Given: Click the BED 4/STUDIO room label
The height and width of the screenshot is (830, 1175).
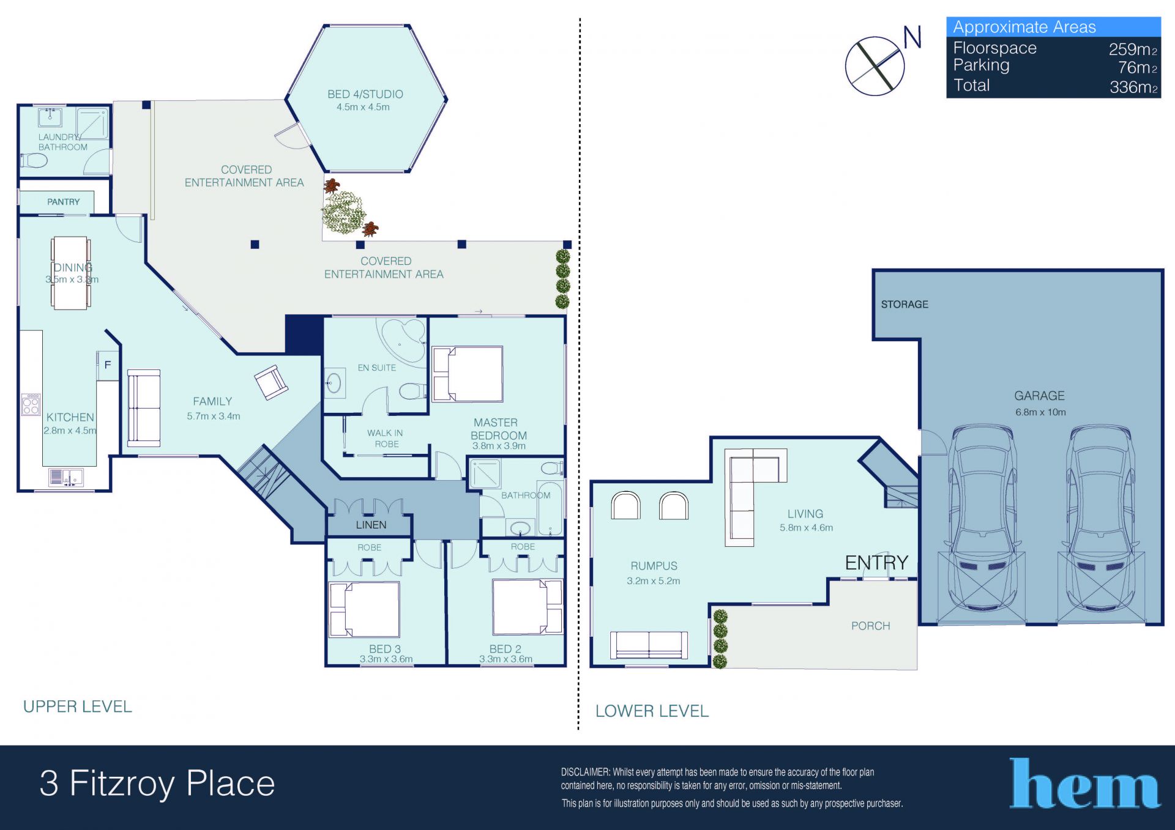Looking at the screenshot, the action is tap(365, 94).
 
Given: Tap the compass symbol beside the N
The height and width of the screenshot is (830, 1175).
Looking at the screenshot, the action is tap(875, 66).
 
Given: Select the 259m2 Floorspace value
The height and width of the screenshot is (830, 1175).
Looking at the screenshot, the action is tap(1133, 49).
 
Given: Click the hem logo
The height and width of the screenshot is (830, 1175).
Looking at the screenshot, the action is tap(1084, 784).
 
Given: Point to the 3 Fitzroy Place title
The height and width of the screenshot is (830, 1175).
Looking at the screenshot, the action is tap(157, 784).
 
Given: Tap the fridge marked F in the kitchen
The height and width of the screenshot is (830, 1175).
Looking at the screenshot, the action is tap(108, 365).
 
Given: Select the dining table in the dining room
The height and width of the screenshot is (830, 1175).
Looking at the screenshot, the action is tap(70, 273).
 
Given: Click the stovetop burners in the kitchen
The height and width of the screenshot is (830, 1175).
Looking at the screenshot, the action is tap(31, 404).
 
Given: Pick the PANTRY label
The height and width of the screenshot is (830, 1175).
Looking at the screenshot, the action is tap(64, 202).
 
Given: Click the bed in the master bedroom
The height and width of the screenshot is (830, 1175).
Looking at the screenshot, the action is tap(468, 374).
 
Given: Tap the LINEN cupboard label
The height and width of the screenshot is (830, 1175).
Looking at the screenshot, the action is tap(371, 525).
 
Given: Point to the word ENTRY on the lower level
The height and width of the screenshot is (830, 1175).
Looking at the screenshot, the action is tap(876, 563).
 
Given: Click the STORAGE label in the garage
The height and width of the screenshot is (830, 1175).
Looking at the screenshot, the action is tap(905, 305).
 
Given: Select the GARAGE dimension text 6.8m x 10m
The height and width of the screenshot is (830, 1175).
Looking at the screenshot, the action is tap(1040, 412).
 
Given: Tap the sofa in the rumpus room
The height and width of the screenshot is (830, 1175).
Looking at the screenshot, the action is tap(649, 645).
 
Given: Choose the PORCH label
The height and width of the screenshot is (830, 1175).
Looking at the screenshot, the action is tap(870, 626).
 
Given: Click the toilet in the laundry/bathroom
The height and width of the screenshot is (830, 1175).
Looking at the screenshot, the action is tap(34, 161).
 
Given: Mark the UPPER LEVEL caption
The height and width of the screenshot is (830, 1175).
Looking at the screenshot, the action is tap(78, 706).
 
